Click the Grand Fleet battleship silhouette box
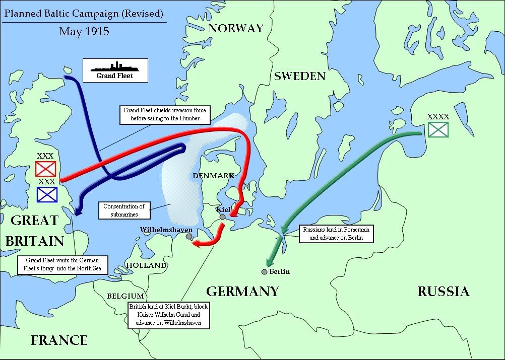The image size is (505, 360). pos(115,70)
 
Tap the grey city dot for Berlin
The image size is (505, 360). pos(264,272)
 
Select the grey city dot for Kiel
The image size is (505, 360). pos(222,217)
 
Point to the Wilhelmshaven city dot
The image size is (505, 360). pos(189,236)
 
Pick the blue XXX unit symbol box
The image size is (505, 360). pos(47,194)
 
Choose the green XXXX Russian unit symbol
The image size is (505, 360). pos(437,129)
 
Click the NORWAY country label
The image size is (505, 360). pos(236,28)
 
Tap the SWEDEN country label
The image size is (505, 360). pos(299,77)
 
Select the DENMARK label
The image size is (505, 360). pos(214,175)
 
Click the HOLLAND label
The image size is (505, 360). pos(146,265)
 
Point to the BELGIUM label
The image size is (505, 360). pos(125,296)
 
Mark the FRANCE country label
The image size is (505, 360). pos(59,340)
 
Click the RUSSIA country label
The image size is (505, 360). pos(443,292)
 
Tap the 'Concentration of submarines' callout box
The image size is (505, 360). pos(124,210)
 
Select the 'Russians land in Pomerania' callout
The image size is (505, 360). pos(336,234)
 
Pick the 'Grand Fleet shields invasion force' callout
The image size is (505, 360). pos(165,114)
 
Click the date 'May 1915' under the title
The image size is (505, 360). pos(84,31)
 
